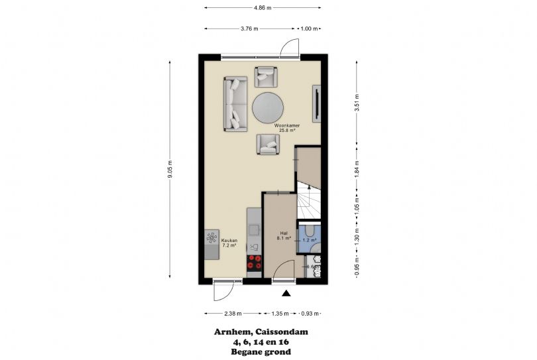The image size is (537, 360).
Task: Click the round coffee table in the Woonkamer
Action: tap(268, 107)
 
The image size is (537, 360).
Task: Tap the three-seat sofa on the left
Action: tap(235, 103)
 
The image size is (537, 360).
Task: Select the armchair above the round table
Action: tap(267, 77)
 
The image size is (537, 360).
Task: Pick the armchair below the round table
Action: tap(268, 144)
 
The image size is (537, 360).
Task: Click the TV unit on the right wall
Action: tap(317, 103)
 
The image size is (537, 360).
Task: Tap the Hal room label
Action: tap(283, 234)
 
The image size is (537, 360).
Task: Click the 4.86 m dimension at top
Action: tap(262, 7)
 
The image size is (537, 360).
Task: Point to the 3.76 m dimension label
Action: tap(249, 29)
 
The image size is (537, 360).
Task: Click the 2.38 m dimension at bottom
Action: tap(232, 314)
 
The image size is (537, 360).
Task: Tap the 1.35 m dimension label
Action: tap(281, 314)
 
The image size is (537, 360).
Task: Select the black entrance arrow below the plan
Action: tap(286, 294)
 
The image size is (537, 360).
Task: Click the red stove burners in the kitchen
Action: tap(254, 264)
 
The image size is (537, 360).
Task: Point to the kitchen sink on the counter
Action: tap(255, 247)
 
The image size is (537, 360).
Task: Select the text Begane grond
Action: tap(261, 352)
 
